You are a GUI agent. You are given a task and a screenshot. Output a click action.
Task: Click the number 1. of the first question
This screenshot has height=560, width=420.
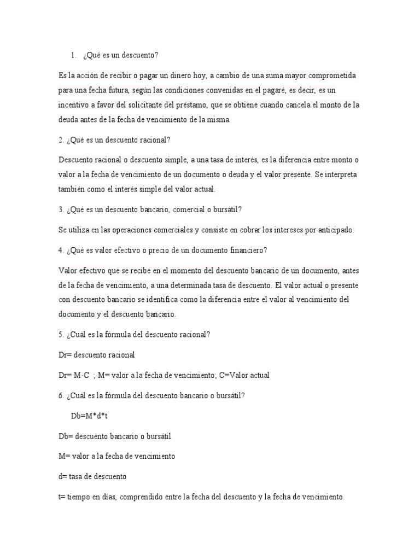point(73,55)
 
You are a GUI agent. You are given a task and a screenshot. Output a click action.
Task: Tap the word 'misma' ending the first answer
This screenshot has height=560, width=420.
point(219,119)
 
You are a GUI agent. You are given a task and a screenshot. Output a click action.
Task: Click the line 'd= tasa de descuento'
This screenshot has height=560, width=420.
point(92,476)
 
